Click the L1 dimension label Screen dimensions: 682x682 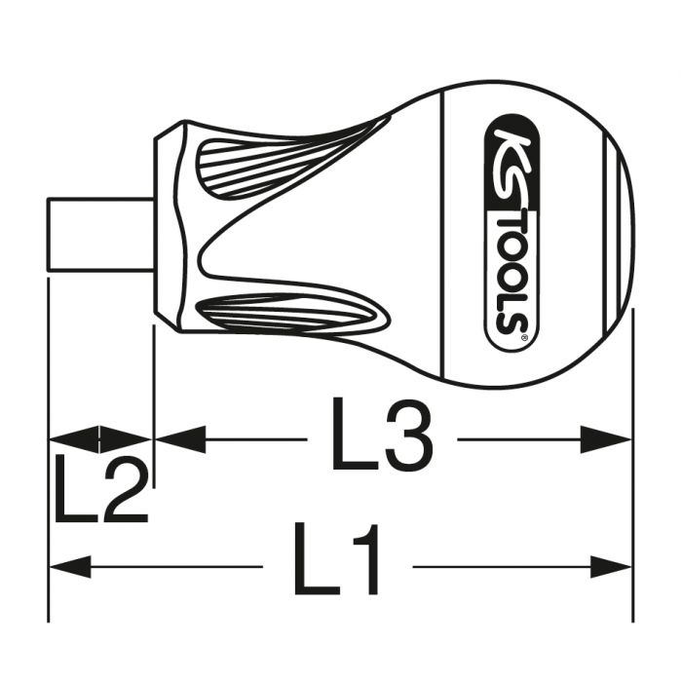336,558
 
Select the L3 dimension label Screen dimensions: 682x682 382,434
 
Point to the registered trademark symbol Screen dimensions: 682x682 524,337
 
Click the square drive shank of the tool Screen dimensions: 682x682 100,235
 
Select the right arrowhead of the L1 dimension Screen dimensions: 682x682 610,567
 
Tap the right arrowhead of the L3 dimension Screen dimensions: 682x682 605,439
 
